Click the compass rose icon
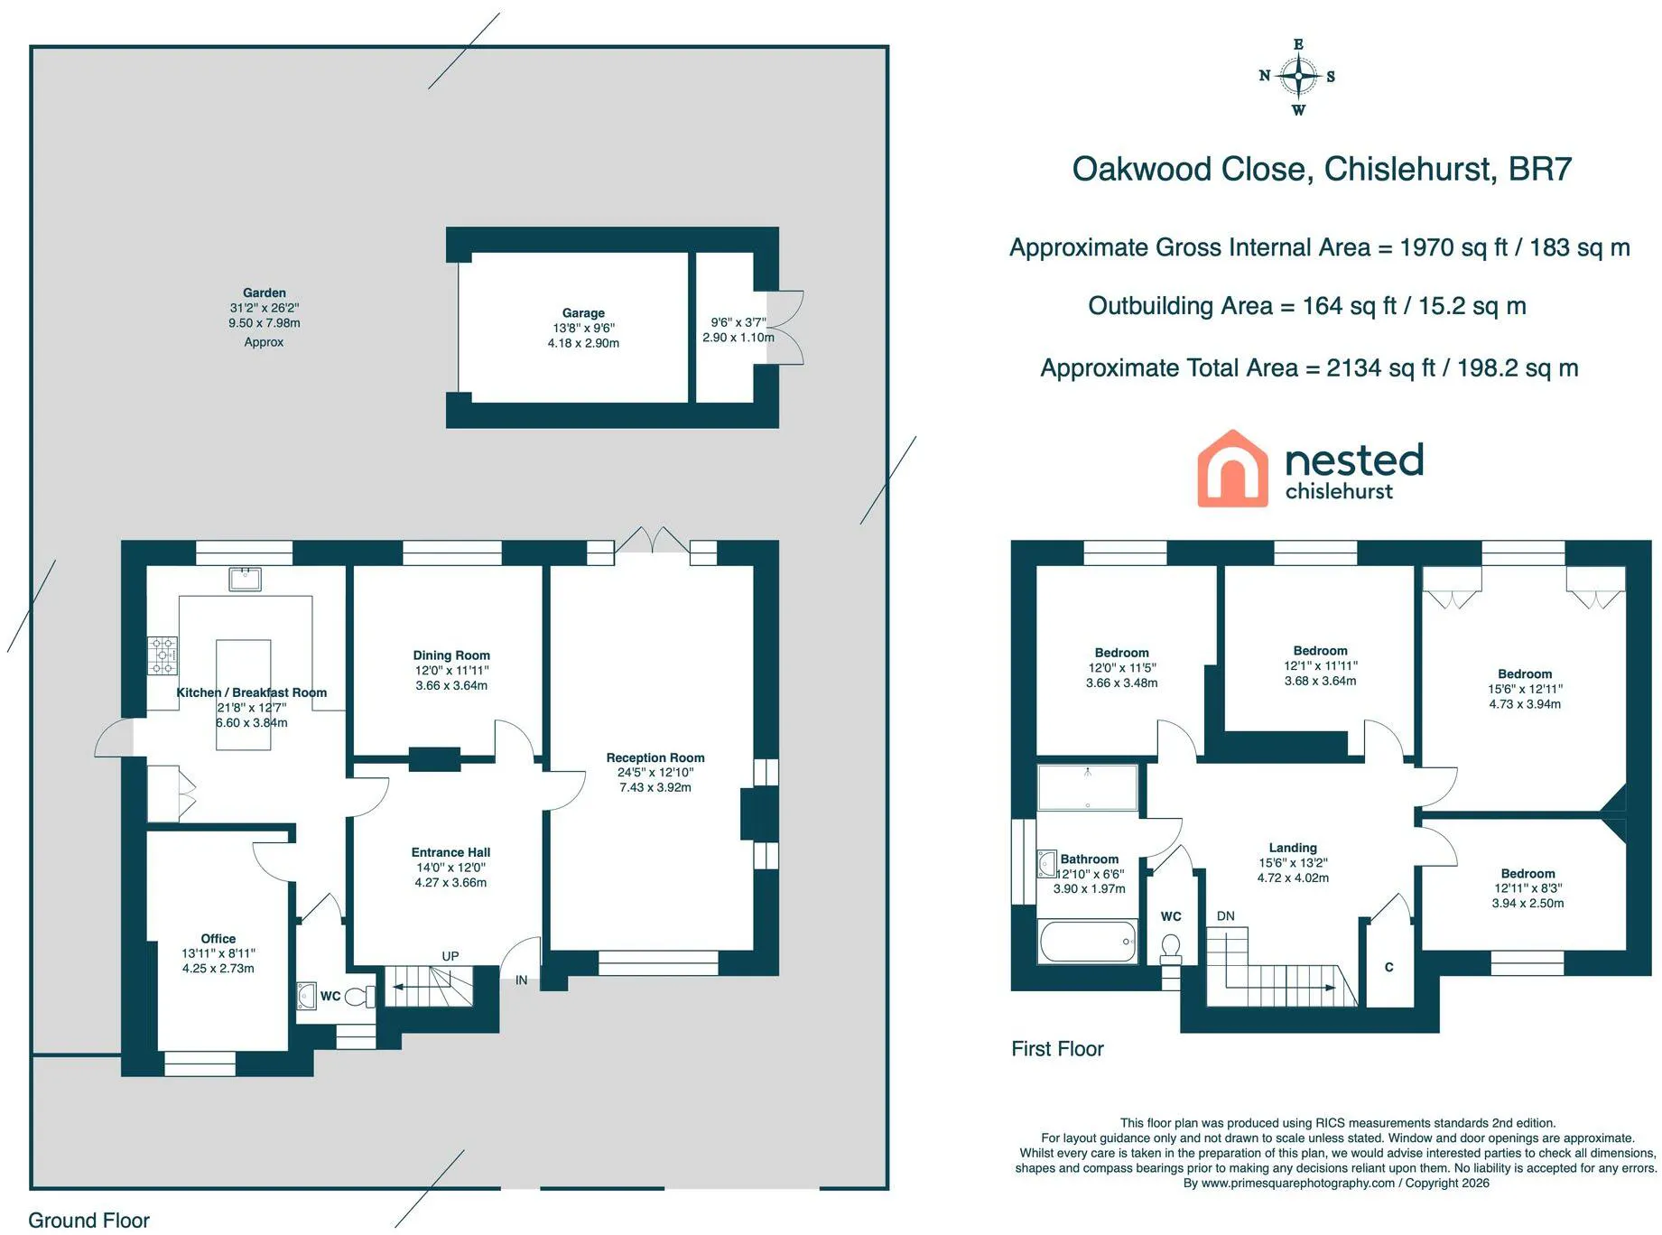1298,77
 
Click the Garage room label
583,313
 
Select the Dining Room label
451,655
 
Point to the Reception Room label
655,757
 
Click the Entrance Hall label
450,852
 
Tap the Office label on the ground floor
218,939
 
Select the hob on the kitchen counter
162,655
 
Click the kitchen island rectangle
244,694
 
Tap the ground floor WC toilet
360,997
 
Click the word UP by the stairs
450,956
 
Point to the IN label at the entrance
522,980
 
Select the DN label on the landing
1225,916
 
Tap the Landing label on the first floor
1293,848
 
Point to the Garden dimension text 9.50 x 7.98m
265,323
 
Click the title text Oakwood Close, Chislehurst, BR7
1322,169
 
